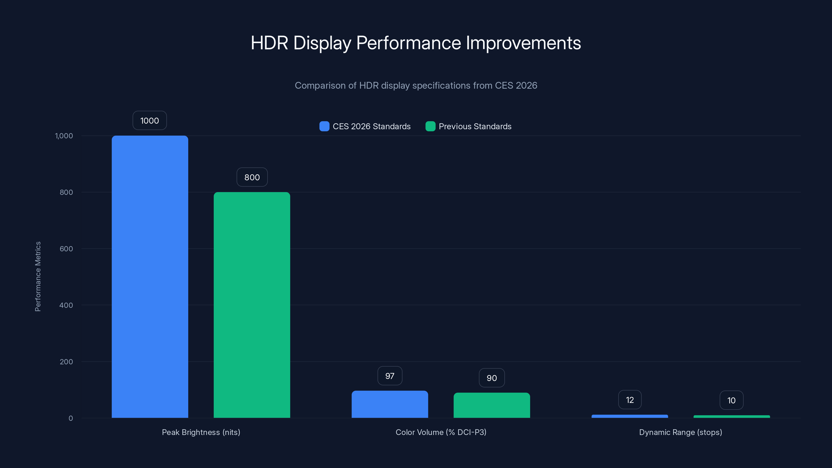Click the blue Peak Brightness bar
[x=150, y=276]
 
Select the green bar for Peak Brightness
[x=252, y=305]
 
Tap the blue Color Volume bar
[x=390, y=404]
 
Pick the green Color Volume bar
[x=492, y=405]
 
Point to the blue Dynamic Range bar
[x=629, y=416]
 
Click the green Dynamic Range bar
[x=732, y=417]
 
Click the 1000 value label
[x=149, y=120]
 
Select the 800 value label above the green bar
[x=252, y=177]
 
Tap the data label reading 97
[x=390, y=376]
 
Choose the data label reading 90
[x=492, y=378]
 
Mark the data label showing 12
[x=630, y=400]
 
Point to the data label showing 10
[x=731, y=400]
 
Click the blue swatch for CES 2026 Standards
[x=324, y=126]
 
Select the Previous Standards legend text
[x=475, y=126]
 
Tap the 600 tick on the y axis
[x=66, y=249]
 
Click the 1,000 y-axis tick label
[x=64, y=136]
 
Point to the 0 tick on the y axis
[x=71, y=418]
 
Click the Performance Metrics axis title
[x=38, y=276]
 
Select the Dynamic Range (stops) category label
[x=680, y=432]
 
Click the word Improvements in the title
[x=523, y=43]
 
